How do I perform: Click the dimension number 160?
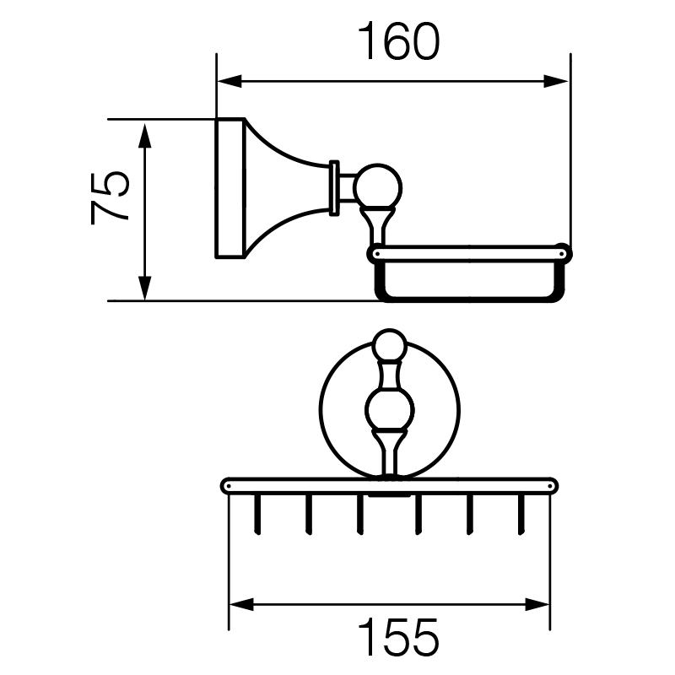[x=399, y=41]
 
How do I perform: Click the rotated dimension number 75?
[x=111, y=198]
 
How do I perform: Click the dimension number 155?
[x=398, y=637]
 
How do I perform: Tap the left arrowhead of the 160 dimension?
[x=229, y=81]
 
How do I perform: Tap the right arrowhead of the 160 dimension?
[x=556, y=81]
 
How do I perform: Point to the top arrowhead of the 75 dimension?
[x=145, y=136]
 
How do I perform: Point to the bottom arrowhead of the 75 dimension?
[x=145, y=287]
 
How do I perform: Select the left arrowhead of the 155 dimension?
[x=241, y=604]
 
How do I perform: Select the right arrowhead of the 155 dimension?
[x=537, y=604]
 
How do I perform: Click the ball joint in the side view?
[x=377, y=188]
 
